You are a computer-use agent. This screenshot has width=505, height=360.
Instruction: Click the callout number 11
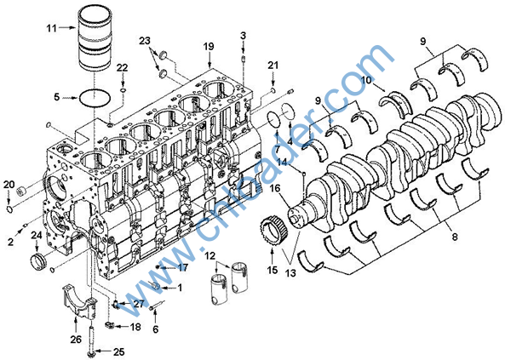tap(52, 28)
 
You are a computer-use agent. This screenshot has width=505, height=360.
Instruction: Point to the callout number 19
tap(209, 46)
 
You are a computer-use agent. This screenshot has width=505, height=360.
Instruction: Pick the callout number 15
tap(273, 270)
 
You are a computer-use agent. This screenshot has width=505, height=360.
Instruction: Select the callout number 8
tap(455, 237)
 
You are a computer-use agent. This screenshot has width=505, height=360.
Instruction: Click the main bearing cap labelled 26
tap(79, 302)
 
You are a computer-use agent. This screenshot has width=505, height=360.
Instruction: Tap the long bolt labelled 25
tap(90, 340)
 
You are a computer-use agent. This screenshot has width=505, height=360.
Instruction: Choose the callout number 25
tap(119, 352)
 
